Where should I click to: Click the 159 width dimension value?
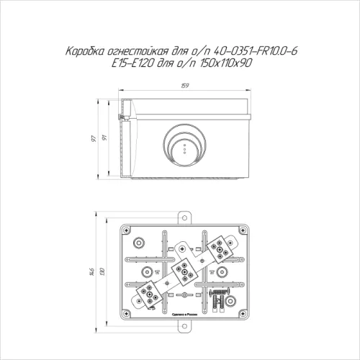point(184,88)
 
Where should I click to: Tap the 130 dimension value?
point(105,271)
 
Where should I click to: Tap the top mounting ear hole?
point(185,215)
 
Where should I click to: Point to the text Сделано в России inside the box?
point(185,315)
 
